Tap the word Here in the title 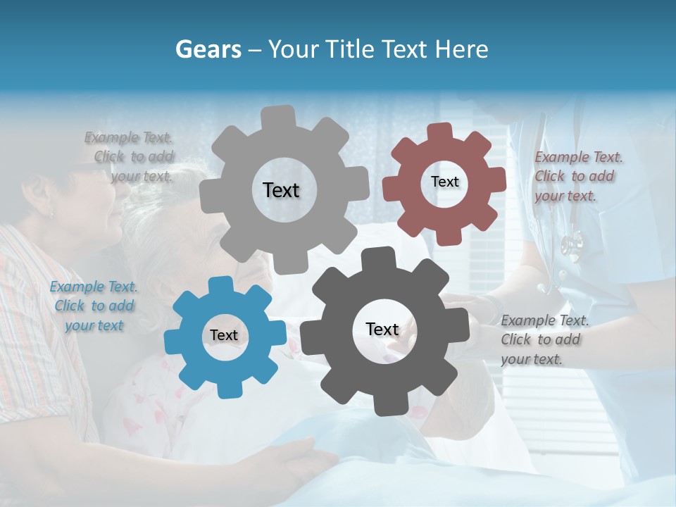[x=463, y=49]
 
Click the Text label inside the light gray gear [x=281, y=190]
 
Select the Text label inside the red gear [x=444, y=182]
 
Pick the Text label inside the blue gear [x=224, y=336]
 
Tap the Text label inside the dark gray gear [x=382, y=329]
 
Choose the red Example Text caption [x=577, y=176]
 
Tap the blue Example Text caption [x=94, y=306]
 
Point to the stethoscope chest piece [x=572, y=244]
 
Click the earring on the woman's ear [x=51, y=212]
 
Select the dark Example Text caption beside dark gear [x=544, y=339]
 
